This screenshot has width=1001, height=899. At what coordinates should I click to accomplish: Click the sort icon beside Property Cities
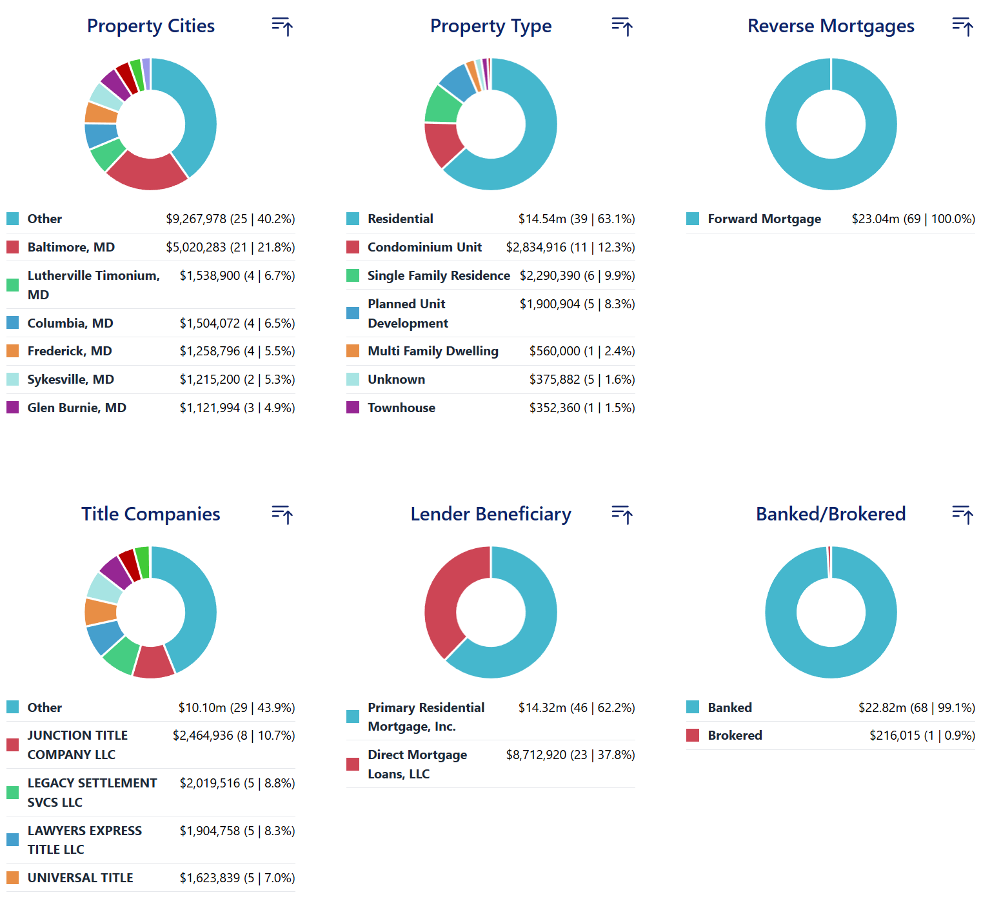click(282, 26)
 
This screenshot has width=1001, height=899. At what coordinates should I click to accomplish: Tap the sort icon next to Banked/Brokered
click(962, 515)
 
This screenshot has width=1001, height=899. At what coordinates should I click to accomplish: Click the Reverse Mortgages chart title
click(831, 26)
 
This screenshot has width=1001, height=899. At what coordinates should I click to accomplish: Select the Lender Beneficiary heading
click(491, 514)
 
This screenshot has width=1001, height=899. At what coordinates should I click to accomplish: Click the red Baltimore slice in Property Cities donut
click(146, 172)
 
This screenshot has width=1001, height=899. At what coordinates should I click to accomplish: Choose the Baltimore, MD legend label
click(71, 247)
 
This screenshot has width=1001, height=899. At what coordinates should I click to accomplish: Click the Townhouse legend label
click(401, 408)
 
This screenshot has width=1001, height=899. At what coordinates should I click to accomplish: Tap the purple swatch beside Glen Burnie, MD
click(13, 408)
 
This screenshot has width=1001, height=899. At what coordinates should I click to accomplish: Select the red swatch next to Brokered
click(693, 735)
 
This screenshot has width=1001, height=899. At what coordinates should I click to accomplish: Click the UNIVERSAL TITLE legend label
click(80, 878)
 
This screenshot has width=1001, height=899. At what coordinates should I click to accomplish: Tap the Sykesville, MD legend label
click(70, 379)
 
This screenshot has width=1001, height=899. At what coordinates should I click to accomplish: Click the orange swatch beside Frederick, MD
click(13, 351)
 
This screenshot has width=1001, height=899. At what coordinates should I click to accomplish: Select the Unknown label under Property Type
click(396, 379)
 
